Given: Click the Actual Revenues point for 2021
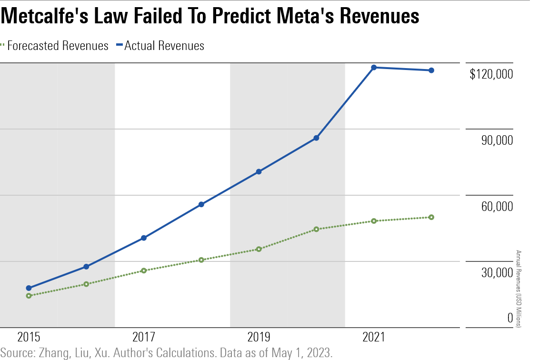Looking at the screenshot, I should (374, 68).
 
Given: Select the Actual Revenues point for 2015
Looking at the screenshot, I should (29, 288).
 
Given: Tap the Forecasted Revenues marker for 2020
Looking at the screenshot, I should (316, 229).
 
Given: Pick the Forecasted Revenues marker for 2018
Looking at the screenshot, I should (201, 260).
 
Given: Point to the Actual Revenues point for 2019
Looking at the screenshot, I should (259, 171).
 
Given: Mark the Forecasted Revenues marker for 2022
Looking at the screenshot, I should (431, 217).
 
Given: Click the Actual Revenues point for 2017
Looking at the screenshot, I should (144, 238).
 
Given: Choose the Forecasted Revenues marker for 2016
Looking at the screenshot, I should (86, 284).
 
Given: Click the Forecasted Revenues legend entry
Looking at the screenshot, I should (58, 46).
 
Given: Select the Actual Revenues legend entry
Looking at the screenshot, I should (164, 46).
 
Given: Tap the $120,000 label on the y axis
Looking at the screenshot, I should (491, 74).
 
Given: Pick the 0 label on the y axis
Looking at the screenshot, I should (510, 318).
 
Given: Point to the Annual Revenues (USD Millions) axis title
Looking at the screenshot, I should (519, 289).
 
